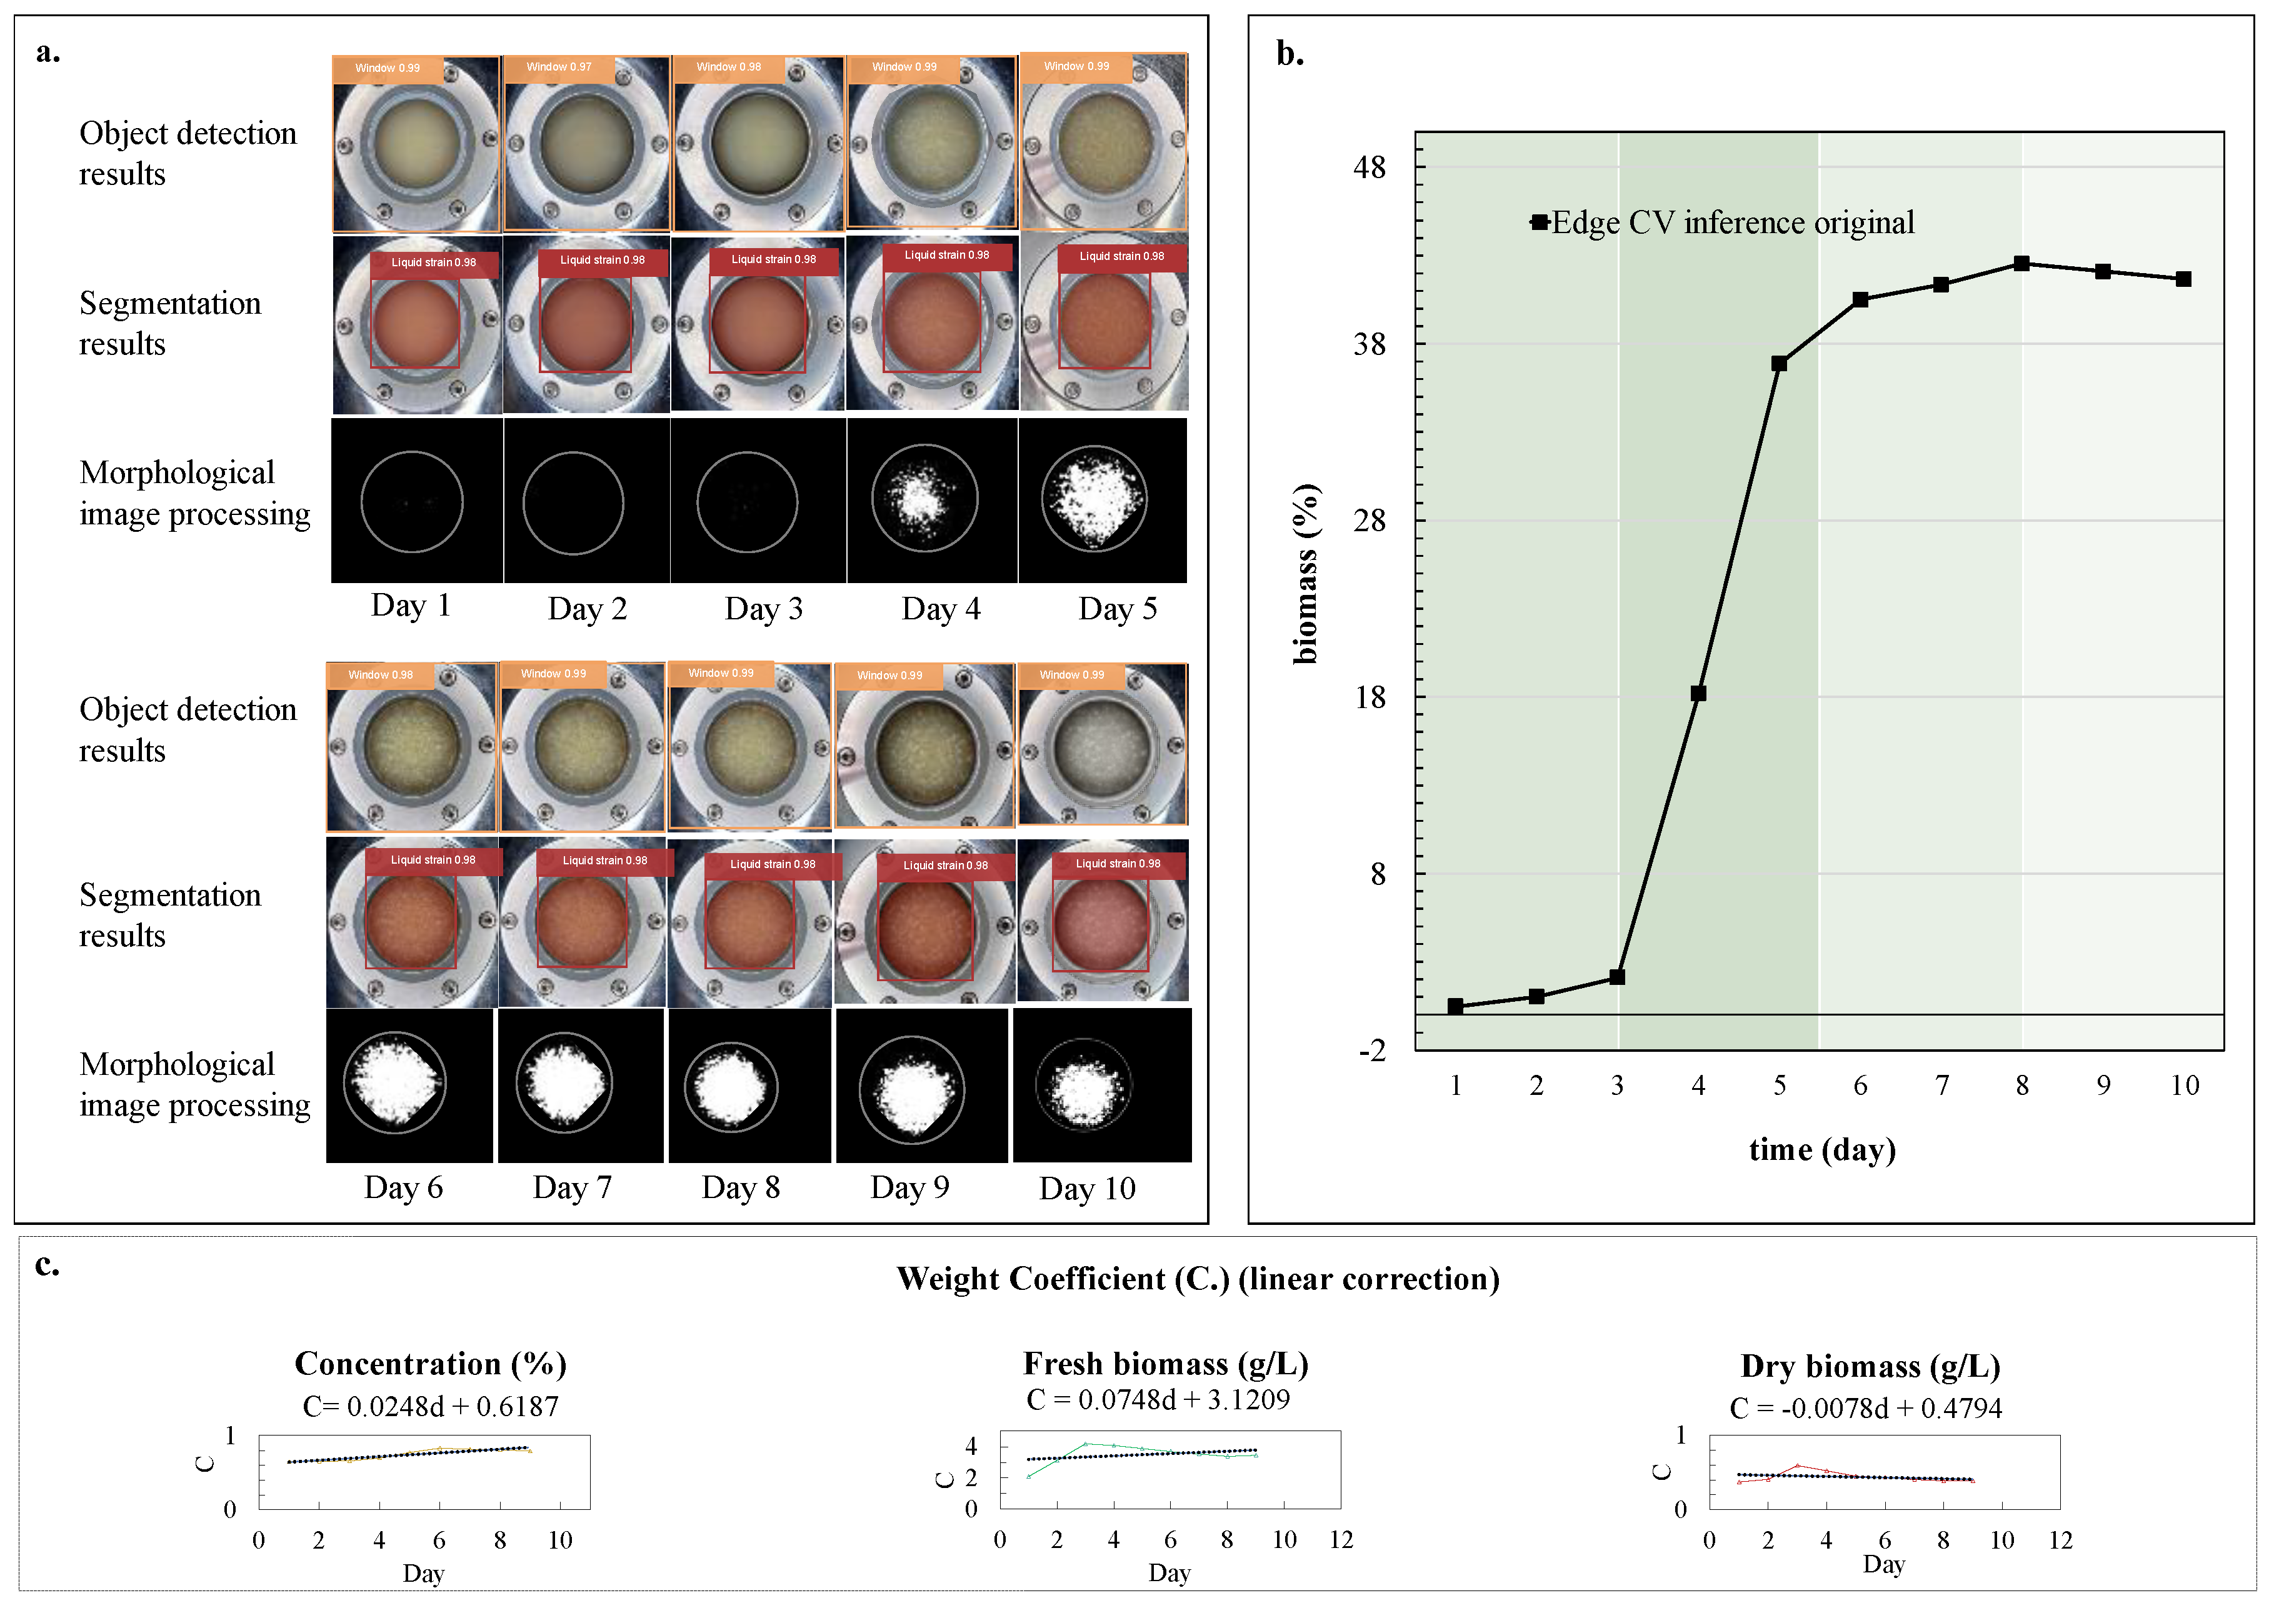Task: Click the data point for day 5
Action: pos(1779,363)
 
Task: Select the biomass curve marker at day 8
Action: pos(2021,263)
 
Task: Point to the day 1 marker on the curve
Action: pos(1455,1006)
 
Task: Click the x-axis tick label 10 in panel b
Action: pos(2184,1085)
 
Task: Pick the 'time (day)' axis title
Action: pos(1821,1149)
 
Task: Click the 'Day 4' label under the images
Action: pos(940,608)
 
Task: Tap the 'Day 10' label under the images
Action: pos(1086,1187)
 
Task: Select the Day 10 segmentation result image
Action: pos(1103,921)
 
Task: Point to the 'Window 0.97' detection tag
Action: pos(559,67)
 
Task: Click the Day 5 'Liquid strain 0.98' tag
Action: pos(1121,256)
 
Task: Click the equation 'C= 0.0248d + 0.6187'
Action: pos(431,1406)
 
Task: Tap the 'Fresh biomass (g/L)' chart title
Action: pos(1166,1364)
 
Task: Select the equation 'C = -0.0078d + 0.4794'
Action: pos(1865,1408)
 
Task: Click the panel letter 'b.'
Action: pos(1290,54)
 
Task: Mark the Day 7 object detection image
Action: pos(583,747)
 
